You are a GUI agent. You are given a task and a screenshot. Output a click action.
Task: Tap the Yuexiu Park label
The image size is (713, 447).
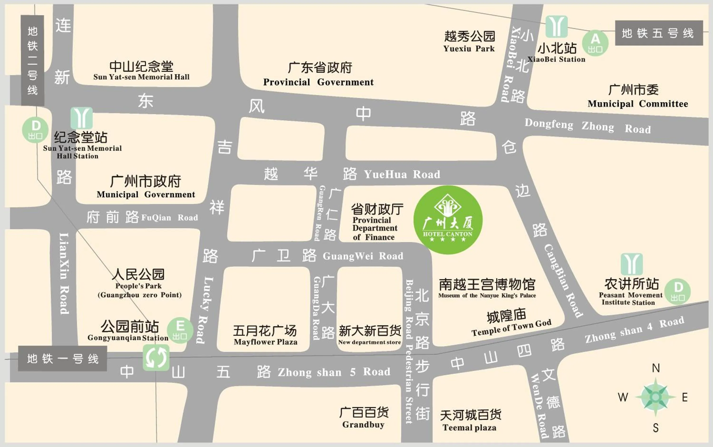click(469, 41)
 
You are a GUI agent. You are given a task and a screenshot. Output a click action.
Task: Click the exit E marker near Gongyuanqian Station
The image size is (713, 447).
click(180, 330)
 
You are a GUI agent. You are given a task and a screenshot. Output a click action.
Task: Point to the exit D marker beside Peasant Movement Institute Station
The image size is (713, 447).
click(678, 291)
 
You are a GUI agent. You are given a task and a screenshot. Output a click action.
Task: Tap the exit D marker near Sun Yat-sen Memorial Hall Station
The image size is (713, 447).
click(35, 130)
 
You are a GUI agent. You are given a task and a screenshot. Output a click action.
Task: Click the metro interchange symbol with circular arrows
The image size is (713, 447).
click(156, 357)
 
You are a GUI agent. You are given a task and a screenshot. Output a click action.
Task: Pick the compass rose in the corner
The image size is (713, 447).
click(655, 397)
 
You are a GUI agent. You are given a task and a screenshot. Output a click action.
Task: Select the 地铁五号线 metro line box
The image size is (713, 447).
click(659, 33)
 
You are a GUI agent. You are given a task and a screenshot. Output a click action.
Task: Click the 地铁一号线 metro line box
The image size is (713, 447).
click(62, 359)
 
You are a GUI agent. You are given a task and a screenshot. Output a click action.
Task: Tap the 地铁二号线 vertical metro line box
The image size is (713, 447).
click(33, 61)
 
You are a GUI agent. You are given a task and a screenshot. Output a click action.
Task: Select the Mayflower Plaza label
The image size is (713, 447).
click(265, 335)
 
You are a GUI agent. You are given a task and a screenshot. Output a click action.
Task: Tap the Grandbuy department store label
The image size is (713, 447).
click(363, 418)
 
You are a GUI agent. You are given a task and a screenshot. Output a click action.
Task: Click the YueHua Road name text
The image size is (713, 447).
click(402, 175)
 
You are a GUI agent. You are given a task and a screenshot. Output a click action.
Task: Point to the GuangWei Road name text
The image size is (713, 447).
click(362, 256)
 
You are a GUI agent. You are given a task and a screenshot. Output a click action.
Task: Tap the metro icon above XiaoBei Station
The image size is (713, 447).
click(556, 26)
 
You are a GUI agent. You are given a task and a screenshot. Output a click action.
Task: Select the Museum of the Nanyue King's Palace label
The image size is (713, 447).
click(487, 288)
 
